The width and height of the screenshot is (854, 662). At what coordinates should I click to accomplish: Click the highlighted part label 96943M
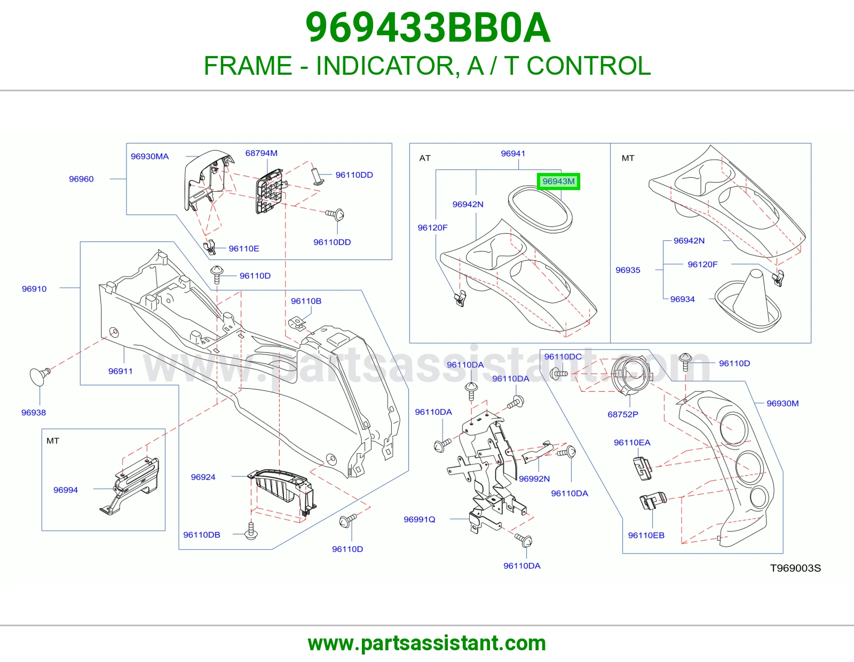[x=558, y=182]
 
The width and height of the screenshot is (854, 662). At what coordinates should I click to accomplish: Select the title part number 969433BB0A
[x=428, y=28]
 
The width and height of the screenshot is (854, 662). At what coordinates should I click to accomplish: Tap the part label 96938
[x=34, y=412]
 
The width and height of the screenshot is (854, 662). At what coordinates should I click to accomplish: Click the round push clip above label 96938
[x=40, y=376]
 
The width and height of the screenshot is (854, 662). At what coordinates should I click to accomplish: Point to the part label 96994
[x=66, y=490]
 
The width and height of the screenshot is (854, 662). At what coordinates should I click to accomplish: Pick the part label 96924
[x=203, y=477]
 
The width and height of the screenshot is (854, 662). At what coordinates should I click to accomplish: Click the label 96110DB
[x=202, y=534]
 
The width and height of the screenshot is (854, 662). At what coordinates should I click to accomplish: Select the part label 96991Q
[x=420, y=519]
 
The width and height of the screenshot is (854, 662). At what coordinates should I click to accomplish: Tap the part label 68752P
[x=623, y=414]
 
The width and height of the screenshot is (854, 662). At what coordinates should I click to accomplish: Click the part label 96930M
[x=782, y=403]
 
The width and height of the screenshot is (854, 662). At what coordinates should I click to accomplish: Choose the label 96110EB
[x=646, y=535]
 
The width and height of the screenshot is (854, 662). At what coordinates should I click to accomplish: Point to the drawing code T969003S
[x=795, y=568]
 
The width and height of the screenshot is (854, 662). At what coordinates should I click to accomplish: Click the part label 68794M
[x=262, y=153]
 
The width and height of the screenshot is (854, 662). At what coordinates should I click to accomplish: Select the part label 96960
[x=81, y=179]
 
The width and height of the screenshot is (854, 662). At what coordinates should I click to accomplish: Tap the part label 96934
[x=682, y=299]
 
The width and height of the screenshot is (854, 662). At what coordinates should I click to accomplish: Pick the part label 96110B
[x=306, y=301]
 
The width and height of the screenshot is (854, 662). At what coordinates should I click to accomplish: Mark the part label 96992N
[x=534, y=478]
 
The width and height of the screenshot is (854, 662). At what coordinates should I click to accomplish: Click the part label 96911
[x=120, y=371]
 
